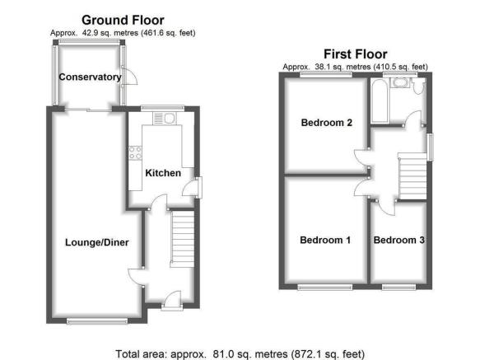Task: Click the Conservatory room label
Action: (x=90, y=77)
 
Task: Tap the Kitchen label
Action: (x=163, y=173)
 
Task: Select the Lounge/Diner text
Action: (x=96, y=243)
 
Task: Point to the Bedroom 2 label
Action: (x=327, y=123)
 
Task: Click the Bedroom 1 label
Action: (x=325, y=240)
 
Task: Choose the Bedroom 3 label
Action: (x=398, y=240)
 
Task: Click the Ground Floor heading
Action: (x=123, y=21)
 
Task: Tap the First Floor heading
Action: (x=356, y=54)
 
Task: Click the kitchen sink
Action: (x=165, y=119)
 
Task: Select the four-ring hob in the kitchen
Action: (x=135, y=153)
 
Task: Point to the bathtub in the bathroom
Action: (x=379, y=101)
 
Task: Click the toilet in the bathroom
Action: (x=417, y=86)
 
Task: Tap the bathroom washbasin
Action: (x=400, y=82)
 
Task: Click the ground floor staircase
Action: (x=182, y=239)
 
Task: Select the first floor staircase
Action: (x=412, y=176)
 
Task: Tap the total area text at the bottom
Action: (x=240, y=354)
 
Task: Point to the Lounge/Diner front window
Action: (x=97, y=320)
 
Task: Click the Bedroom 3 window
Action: (x=398, y=287)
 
